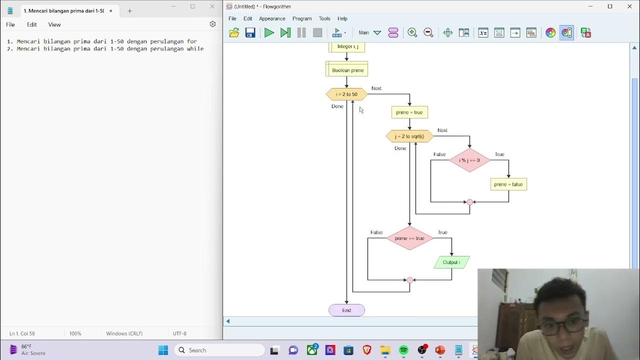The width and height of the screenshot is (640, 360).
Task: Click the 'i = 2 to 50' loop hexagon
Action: [346, 94]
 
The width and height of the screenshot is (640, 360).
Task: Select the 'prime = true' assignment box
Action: [409, 112]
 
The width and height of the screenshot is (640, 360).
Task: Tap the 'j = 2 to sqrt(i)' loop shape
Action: [409, 136]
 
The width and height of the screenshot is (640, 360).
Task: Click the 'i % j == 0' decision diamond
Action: [469, 160]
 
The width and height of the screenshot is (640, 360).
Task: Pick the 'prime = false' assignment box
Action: [508, 184]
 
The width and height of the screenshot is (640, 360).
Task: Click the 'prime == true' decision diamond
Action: [409, 238]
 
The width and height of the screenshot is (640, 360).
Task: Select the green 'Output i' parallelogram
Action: [451, 262]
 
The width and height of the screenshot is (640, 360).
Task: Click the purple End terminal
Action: [346, 310]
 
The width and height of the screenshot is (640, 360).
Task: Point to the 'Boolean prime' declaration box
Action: [347, 70]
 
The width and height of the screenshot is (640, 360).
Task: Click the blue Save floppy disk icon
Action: [250, 33]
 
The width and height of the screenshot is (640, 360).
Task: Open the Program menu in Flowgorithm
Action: [302, 18]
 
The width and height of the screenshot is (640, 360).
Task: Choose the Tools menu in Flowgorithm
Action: [324, 18]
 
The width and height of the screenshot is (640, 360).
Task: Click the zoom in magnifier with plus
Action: [412, 33]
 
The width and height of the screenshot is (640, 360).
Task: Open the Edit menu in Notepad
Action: [32, 24]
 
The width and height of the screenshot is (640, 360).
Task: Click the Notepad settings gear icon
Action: [212, 24]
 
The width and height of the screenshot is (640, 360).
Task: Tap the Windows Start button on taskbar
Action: [163, 350]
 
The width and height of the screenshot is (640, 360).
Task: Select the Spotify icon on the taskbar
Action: [403, 350]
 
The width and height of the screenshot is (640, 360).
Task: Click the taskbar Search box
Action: [220, 350]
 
